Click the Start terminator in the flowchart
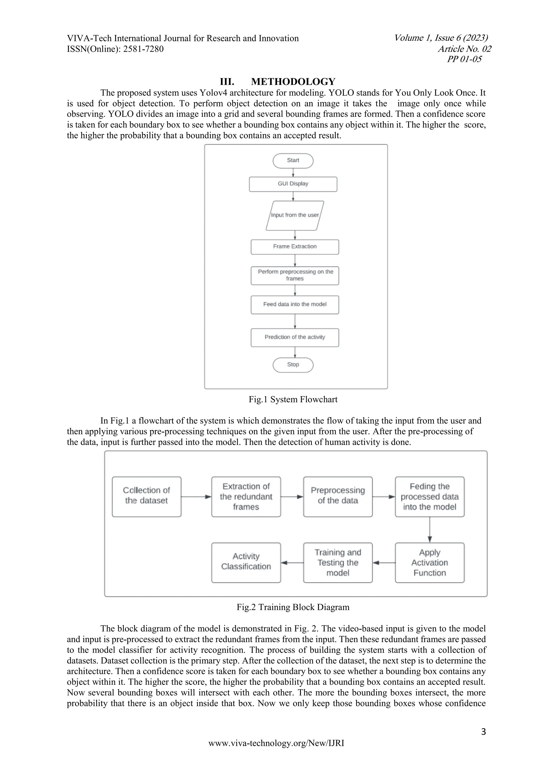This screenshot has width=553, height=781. pos(293,160)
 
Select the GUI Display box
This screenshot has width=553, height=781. pos(293,184)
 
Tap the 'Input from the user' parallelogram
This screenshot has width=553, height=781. pos(295,215)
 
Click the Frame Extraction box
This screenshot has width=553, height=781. pos(295,246)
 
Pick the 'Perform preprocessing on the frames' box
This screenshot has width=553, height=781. pos(295,275)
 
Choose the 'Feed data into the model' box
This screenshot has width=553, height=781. pos(295,304)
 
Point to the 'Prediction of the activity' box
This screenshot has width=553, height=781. pos(295,337)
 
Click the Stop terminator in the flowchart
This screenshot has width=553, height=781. pos(293,365)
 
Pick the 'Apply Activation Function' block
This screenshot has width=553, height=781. pos(430,562)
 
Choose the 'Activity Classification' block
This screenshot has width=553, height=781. pos(246,562)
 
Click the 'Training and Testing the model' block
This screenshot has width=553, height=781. pos(338,562)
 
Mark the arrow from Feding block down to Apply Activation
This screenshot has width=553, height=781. pos(430,529)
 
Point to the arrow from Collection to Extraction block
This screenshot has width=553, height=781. pos(196,497)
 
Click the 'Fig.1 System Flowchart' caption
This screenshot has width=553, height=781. pos(293,399)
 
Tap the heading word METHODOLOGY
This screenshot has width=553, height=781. pos(293,82)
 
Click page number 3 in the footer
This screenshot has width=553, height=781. pos(483,732)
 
